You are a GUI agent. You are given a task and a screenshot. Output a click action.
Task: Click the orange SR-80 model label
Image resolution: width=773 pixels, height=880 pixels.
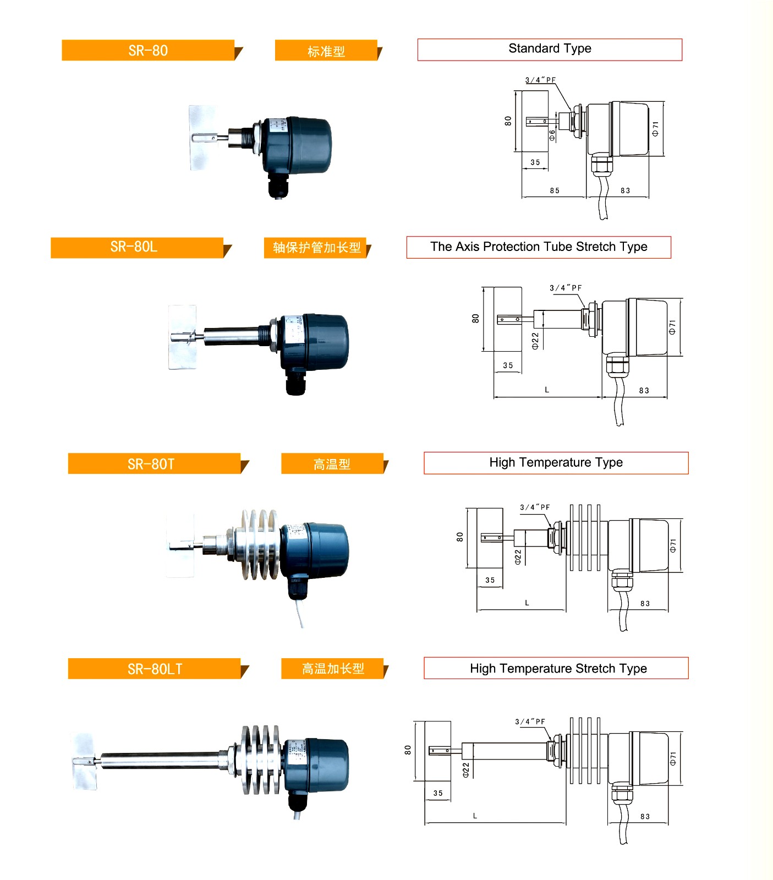pyautogui.click(x=148, y=51)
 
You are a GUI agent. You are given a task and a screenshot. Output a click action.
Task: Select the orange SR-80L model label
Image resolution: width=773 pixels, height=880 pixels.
pyautogui.click(x=134, y=247)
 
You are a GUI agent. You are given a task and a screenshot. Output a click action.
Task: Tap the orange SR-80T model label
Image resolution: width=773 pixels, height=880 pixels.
pyautogui.click(x=151, y=464)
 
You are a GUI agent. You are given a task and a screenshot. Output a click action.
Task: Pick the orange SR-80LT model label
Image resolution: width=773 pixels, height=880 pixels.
pyautogui.click(x=155, y=669)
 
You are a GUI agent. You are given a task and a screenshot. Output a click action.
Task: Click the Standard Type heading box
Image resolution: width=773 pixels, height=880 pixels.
pyautogui.click(x=549, y=49)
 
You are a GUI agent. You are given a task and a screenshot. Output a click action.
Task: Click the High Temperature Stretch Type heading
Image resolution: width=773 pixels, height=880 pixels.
pyautogui.click(x=557, y=668)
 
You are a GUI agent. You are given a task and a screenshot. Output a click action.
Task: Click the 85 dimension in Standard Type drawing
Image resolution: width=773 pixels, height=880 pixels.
pyautogui.click(x=555, y=190)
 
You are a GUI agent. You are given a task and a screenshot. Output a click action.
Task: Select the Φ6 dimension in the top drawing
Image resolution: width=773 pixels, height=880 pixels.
pyautogui.click(x=552, y=134)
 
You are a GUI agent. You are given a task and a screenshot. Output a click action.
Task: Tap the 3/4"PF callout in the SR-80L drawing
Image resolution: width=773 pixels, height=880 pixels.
pyautogui.click(x=566, y=288)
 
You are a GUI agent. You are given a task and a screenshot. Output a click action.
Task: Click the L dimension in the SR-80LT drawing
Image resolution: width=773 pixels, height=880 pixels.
pyautogui.click(x=475, y=816)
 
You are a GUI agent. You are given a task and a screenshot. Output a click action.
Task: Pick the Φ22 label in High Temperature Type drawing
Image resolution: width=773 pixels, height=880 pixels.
pyautogui.click(x=518, y=557)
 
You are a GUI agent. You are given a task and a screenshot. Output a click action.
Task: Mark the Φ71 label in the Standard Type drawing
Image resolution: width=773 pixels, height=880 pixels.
pyautogui.click(x=655, y=129)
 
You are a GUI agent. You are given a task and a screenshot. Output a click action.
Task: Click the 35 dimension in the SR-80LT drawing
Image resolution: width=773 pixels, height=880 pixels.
pyautogui.click(x=438, y=793)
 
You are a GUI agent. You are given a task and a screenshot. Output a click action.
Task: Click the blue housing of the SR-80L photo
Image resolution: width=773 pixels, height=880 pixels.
pyautogui.click(x=322, y=341)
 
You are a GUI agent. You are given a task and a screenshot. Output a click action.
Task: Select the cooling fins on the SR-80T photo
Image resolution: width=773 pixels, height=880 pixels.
pyautogui.click(x=259, y=545)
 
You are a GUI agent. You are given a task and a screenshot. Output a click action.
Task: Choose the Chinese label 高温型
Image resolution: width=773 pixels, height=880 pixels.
pyautogui.click(x=332, y=464)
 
